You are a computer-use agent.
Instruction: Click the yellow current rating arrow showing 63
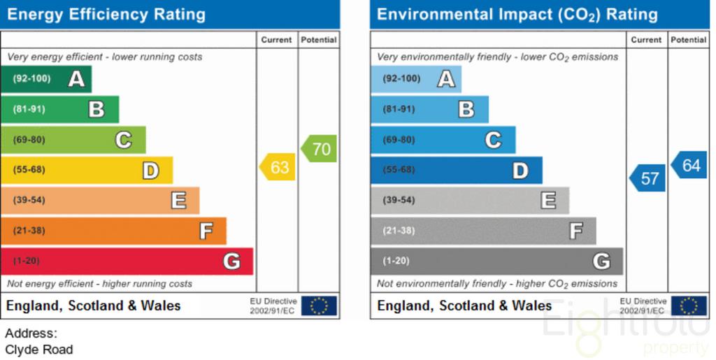(x=277, y=167)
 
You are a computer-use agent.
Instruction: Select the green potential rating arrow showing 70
(x=319, y=149)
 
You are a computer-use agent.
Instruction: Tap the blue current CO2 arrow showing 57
(x=647, y=178)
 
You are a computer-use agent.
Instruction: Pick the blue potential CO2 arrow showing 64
(x=689, y=165)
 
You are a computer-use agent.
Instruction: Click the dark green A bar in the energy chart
(x=46, y=79)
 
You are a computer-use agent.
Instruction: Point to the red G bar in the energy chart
(x=127, y=261)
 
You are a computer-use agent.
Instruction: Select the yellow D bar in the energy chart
(x=87, y=170)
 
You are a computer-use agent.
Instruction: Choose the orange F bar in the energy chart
(x=114, y=231)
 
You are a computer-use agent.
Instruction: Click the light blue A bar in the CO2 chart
(x=416, y=79)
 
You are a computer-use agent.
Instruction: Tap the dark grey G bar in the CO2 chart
(x=497, y=261)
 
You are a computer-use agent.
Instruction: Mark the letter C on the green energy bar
(x=123, y=140)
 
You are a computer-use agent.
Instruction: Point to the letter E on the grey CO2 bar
(x=548, y=201)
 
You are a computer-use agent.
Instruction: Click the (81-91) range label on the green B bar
(x=29, y=109)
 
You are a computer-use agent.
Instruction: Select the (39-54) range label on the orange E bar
(x=29, y=200)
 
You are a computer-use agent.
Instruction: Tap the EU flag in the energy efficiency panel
(x=319, y=305)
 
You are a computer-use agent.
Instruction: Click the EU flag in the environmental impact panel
(x=689, y=305)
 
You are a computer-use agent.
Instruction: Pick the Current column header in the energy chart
(x=276, y=40)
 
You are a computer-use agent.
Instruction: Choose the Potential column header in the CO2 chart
(x=689, y=40)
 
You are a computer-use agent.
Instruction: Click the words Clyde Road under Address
(x=39, y=350)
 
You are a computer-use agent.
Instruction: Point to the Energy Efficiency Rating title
(x=106, y=15)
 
